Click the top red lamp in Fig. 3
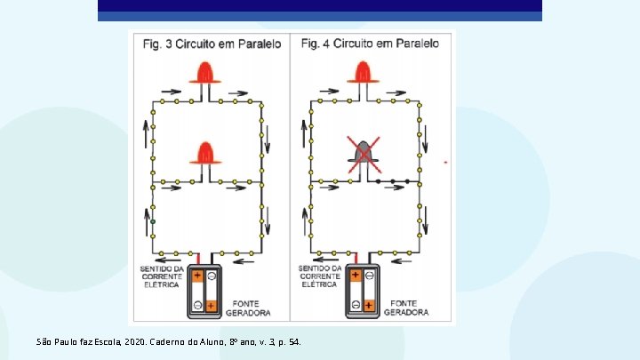coord(206,73)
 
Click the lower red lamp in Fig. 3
coord(206,154)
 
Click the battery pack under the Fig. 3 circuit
coord(204,292)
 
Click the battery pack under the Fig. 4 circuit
coord(363,292)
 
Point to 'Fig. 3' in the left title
coord(157,43)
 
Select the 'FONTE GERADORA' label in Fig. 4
coord(407,307)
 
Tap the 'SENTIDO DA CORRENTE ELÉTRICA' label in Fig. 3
coord(161,276)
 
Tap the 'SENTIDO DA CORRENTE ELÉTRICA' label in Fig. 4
coord(319,276)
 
